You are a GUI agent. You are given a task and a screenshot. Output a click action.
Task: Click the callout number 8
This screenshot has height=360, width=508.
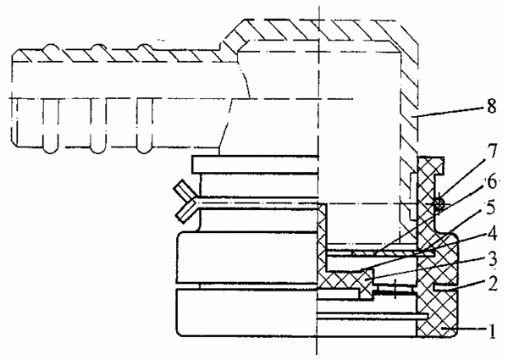pyautogui.click(x=491, y=106)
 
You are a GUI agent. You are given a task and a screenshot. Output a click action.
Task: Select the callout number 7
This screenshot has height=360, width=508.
pyautogui.click(x=492, y=151)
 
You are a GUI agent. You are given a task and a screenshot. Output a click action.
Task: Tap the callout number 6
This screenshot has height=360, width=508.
pyautogui.click(x=492, y=182)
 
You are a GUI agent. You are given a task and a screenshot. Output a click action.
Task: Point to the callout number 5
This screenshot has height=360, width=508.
pyautogui.click(x=491, y=208)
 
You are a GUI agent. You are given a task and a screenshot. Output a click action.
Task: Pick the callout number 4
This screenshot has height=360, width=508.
pyautogui.click(x=492, y=233)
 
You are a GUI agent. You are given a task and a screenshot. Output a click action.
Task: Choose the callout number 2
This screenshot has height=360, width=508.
pyautogui.click(x=492, y=283)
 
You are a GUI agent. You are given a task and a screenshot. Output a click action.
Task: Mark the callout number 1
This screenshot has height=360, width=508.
pyautogui.click(x=492, y=331)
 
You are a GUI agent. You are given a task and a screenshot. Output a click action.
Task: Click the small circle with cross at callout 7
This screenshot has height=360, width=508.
pyautogui.click(x=439, y=203)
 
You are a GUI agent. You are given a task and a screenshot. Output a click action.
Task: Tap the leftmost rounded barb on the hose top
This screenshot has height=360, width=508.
pyautogui.click(x=52, y=47)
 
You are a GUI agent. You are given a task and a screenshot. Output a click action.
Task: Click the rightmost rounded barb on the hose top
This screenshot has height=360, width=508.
pyautogui.click(x=145, y=47)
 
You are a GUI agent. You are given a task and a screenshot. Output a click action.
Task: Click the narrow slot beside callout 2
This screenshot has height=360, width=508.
pyautogui.click(x=444, y=287)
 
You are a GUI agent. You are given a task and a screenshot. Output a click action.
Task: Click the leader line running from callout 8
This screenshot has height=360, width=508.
pyautogui.click(x=449, y=112)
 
